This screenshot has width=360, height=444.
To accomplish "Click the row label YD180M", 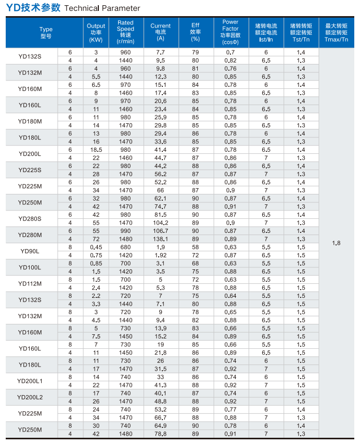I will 30,121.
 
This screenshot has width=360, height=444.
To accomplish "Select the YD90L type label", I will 30,251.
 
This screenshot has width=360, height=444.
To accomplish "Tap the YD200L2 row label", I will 30,397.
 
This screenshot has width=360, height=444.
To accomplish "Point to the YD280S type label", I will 30,218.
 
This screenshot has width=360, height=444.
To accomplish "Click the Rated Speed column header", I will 125,32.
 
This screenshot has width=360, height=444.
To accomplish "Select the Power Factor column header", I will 230,32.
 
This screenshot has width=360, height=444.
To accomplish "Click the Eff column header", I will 195,32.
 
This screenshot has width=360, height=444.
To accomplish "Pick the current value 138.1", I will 160,239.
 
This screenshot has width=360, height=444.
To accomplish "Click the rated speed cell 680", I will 125,247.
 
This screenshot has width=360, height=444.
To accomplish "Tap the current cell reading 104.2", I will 160,223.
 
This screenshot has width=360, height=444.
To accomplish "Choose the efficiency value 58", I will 195,247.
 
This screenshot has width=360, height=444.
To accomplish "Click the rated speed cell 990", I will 125,231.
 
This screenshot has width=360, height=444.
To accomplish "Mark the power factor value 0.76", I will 230,69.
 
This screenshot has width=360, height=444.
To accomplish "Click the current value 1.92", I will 160,255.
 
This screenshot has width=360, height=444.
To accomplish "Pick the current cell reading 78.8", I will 160,434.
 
